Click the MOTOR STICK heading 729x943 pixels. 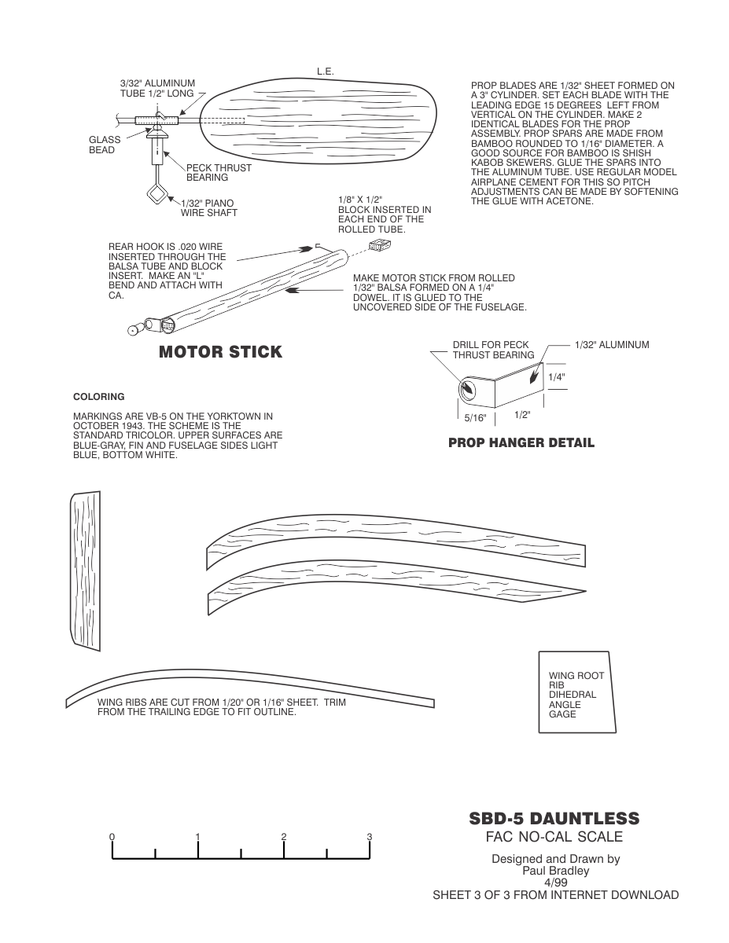[x=220, y=352]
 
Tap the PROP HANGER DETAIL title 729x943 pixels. [x=521, y=443]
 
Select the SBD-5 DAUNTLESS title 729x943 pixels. [x=554, y=819]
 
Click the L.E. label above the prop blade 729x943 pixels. [x=326, y=72]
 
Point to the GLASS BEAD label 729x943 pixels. [x=105, y=145]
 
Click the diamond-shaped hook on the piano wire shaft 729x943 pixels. [x=156, y=193]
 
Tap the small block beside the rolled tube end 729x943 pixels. [x=380, y=245]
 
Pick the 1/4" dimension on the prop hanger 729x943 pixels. [x=557, y=377]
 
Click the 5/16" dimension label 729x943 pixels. [x=476, y=418]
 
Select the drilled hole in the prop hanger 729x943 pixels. [x=468, y=389]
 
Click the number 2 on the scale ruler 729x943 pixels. [x=284, y=837]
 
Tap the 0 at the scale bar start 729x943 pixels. [x=112, y=837]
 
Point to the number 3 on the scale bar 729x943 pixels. [x=370, y=837]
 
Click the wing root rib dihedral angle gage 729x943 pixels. [x=577, y=692]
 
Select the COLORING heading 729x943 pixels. [x=99, y=397]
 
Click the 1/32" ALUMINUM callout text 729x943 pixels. [x=612, y=344]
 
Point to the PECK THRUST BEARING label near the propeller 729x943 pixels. [x=219, y=173]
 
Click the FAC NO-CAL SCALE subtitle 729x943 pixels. [x=554, y=836]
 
